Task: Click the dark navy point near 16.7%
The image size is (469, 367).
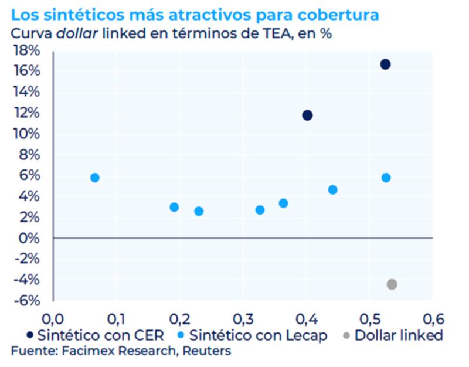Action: pyautogui.click(x=385, y=64)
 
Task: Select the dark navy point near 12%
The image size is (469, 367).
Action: pyautogui.click(x=307, y=115)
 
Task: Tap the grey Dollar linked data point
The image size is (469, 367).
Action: pyautogui.click(x=392, y=284)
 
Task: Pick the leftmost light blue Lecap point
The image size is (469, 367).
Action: pyautogui.click(x=95, y=178)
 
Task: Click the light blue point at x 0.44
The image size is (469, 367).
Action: pyautogui.click(x=332, y=190)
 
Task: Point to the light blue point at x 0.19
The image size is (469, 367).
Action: pyautogui.click(x=174, y=207)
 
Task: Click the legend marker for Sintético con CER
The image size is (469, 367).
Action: pyautogui.click(x=28, y=336)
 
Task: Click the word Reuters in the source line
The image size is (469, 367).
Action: pyautogui.click(x=206, y=351)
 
